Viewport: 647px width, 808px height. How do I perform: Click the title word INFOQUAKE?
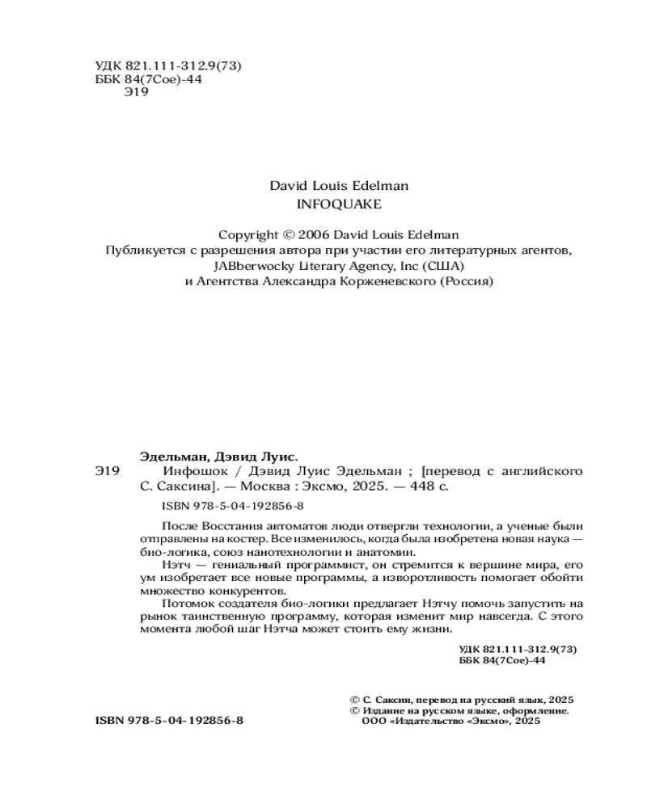tap(339, 204)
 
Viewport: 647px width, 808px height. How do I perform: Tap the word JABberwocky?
tap(250, 266)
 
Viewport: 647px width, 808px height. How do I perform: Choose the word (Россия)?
tap(464, 281)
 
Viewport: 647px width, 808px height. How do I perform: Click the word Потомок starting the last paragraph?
tap(188, 604)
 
